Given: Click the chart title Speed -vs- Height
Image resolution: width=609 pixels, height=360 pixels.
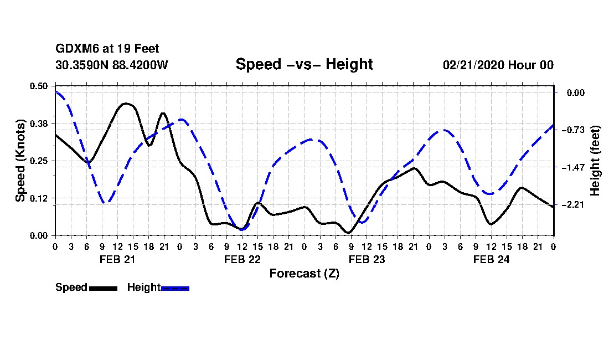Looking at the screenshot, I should (x=304, y=64).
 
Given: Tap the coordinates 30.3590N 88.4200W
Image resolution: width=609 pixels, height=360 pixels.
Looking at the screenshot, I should (x=112, y=65).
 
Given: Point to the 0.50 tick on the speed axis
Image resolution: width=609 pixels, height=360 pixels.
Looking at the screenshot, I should (x=40, y=86).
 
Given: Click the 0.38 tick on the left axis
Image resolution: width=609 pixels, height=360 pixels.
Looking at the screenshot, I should (x=40, y=123).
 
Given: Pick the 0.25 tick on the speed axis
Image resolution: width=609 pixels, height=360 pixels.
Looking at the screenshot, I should (x=40, y=161).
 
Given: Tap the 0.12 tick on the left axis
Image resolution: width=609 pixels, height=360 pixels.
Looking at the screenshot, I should (x=40, y=198).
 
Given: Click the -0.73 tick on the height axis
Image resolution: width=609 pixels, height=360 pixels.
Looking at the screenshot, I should (x=575, y=130).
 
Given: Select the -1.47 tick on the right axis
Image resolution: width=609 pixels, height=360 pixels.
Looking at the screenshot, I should (x=575, y=167).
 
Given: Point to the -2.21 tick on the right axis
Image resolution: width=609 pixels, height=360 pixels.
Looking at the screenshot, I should (x=575, y=205).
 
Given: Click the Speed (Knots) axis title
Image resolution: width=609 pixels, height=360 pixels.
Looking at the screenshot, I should (x=20, y=161).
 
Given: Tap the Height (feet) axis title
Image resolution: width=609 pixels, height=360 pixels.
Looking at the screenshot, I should (x=595, y=161).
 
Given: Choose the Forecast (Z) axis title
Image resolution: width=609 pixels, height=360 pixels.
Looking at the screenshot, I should (x=304, y=273).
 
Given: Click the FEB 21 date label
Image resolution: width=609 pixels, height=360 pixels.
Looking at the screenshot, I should (x=117, y=259).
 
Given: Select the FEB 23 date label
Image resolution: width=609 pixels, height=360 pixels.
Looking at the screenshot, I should (x=367, y=259).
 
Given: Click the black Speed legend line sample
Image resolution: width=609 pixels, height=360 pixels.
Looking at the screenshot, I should (x=103, y=288).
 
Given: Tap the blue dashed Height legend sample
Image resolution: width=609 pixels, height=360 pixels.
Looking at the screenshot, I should (x=175, y=288).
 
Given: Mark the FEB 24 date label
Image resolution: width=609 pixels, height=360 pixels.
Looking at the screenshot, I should (x=491, y=259).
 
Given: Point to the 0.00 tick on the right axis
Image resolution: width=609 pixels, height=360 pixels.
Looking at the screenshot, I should (x=576, y=92).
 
